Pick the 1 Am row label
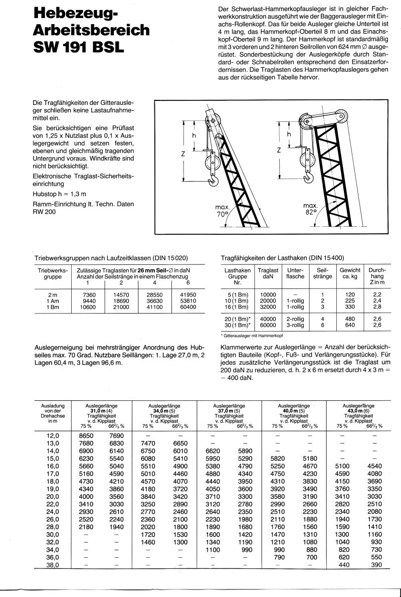click(x=49, y=300)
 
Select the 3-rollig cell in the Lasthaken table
click(x=295, y=325)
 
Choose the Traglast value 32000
click(x=268, y=306)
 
